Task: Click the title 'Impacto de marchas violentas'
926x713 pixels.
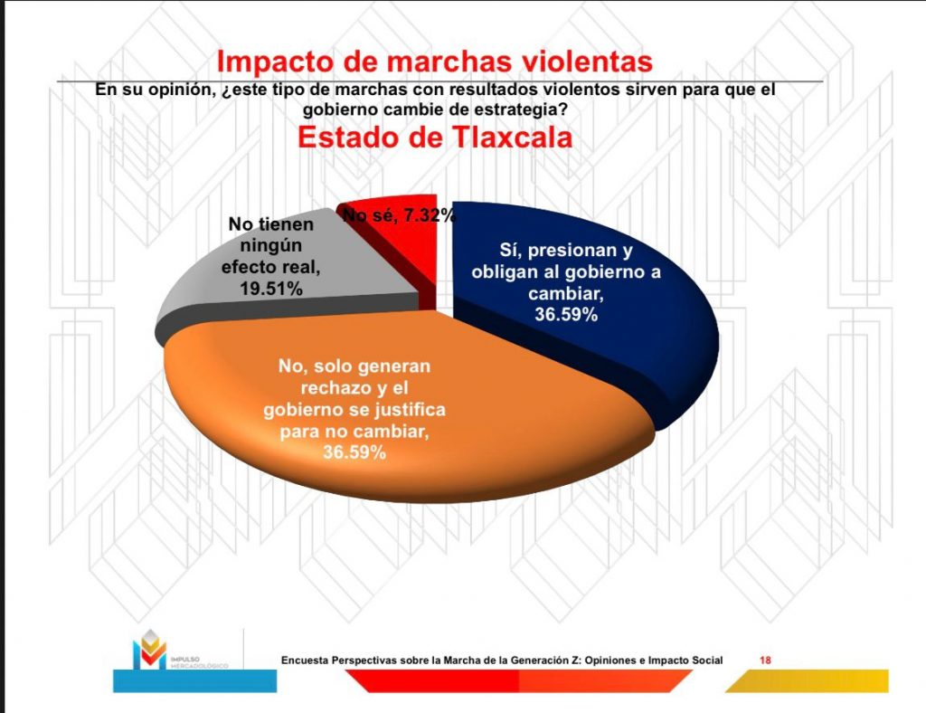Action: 434,62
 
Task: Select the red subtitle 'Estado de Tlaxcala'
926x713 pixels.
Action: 434,138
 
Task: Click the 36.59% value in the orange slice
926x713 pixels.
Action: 355,452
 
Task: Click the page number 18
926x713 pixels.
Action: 765,660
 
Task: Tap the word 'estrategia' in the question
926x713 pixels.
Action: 528,109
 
